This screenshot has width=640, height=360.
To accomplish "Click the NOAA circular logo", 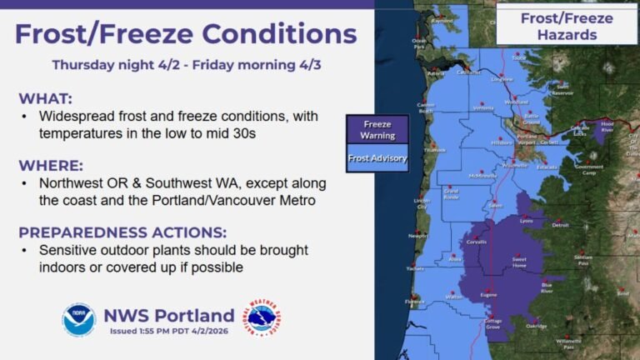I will (79, 319).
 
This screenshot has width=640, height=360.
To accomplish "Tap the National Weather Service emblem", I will (262, 319).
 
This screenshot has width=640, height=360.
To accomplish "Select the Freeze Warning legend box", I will (377, 130).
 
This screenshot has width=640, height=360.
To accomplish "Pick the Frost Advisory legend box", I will (377, 157).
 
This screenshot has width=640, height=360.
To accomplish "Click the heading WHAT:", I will (47, 97).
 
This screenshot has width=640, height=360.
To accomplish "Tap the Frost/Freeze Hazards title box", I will (567, 27).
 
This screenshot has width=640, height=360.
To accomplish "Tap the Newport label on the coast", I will (418, 236).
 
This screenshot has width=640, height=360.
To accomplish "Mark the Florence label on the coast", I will (414, 302).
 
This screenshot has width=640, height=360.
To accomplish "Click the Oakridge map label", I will (537, 326).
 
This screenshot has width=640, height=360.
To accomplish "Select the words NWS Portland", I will (168, 315).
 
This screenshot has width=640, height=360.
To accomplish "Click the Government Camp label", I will (589, 169).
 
